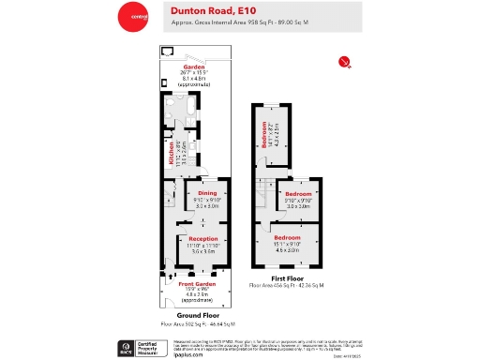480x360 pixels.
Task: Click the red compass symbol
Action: click(x=344, y=62)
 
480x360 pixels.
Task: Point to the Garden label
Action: click(x=194, y=67)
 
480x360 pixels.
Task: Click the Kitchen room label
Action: click(x=172, y=153)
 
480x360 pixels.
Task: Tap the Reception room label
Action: click(x=203, y=238)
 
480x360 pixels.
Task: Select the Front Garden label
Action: click(x=198, y=284)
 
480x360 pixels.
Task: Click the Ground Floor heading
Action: click(x=198, y=316)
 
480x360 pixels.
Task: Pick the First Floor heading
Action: click(x=286, y=277)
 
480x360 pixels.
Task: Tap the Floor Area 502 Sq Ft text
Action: click(x=198, y=322)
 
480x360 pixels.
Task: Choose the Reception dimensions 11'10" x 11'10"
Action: click(x=203, y=245)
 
